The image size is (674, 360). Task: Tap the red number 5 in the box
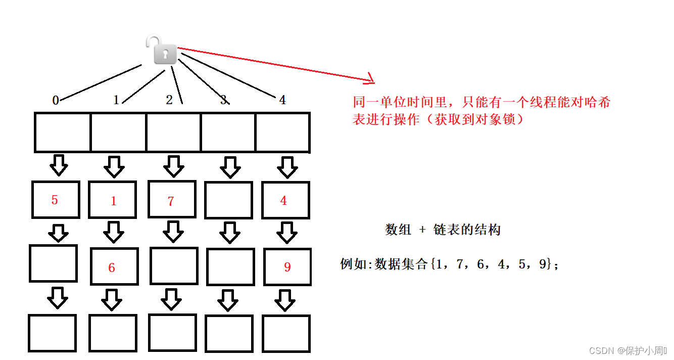(55, 200)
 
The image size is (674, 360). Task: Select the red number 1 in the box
(114, 201)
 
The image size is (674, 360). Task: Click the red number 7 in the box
(171, 201)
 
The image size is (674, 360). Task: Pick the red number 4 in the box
(283, 200)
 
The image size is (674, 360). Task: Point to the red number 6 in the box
(111, 267)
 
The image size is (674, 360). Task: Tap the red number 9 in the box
(287, 267)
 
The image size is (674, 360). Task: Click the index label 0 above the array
(56, 100)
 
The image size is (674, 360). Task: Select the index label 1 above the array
(116, 100)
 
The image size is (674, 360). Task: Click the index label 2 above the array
(169, 100)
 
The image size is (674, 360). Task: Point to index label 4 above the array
(282, 100)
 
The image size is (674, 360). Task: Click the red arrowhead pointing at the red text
(370, 79)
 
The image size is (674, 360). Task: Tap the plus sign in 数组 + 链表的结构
(422, 230)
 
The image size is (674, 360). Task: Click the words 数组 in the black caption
(398, 230)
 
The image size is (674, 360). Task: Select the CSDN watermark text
(628, 350)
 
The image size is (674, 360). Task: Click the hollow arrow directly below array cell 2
(174, 166)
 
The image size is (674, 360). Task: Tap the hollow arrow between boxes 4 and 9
(287, 233)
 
